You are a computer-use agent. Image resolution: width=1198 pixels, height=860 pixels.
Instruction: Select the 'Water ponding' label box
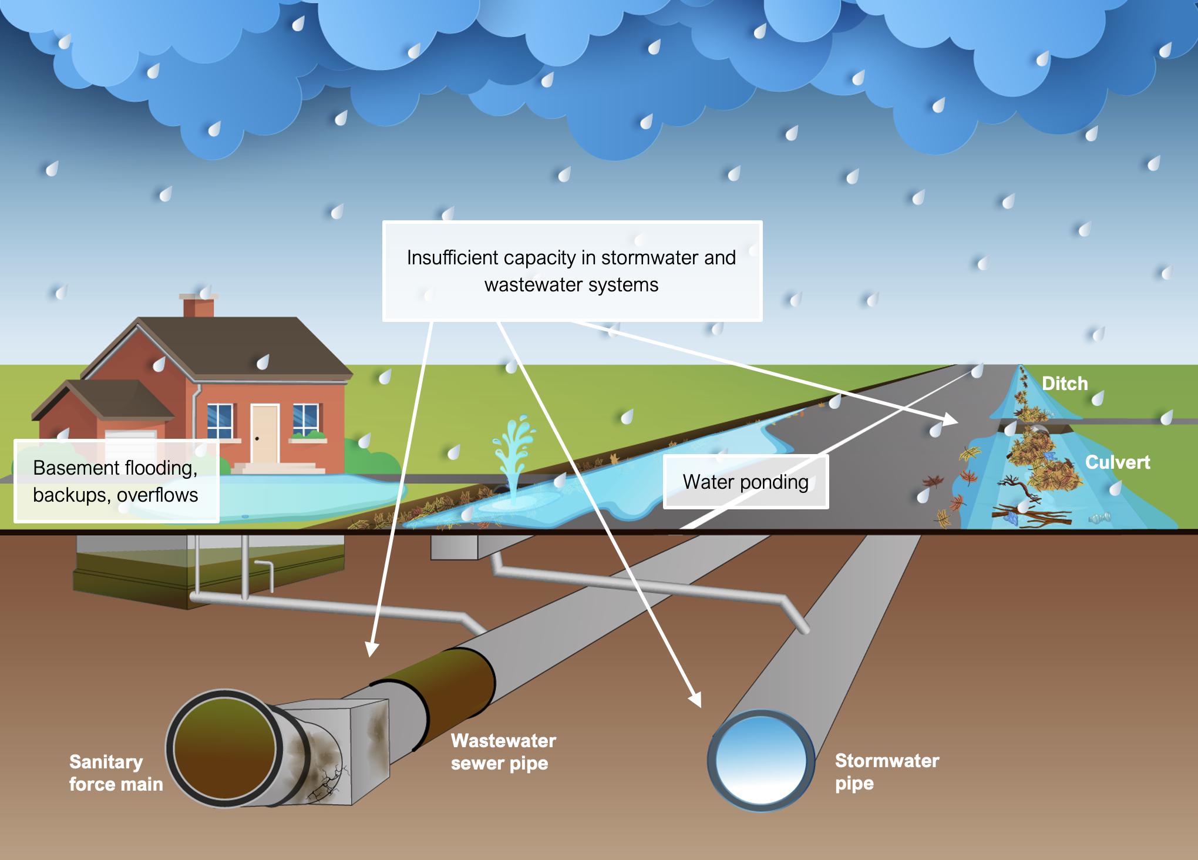pos(745,482)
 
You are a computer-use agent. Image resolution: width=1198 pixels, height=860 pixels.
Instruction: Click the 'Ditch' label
pos(1064,384)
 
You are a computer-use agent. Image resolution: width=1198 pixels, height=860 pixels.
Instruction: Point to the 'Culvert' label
pos(1117,462)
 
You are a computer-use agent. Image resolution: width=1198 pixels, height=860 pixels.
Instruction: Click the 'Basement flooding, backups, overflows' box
pos(116,481)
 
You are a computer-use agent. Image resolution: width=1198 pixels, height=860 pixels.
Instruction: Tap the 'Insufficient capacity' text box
pos(572,271)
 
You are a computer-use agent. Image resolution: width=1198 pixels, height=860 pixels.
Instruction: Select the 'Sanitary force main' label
pos(116,772)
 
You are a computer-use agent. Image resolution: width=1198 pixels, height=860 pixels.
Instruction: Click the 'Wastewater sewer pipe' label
pos(503,751)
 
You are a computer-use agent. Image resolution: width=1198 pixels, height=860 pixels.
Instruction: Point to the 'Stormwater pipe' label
pos(886,771)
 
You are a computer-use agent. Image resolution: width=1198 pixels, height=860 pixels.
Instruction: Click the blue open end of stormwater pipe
pos(760,760)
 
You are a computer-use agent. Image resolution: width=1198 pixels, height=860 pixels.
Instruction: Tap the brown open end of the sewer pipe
pos(224,748)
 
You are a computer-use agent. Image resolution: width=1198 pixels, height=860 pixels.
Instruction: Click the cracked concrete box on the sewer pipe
pos(341,752)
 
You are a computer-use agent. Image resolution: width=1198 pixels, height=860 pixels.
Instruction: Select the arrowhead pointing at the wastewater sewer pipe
pos(372,650)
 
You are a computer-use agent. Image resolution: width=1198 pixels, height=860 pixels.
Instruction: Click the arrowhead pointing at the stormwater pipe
pos(695,699)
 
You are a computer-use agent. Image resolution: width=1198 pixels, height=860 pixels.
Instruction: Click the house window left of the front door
pos(220,421)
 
